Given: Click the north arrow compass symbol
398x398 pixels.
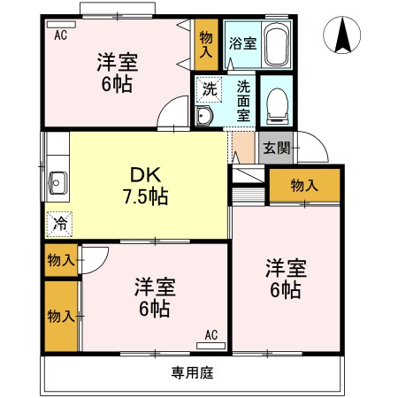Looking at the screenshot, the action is pos(341,34).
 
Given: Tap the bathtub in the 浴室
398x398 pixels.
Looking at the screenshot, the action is pos(276,45).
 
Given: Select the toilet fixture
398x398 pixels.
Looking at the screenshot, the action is pos(277,106).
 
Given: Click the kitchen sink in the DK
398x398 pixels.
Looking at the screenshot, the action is pos(57,183).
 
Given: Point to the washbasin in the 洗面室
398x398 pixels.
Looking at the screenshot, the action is pos(203,116).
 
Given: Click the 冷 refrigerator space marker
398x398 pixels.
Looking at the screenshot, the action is pos(59,224).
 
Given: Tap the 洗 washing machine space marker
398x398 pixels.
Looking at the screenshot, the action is pos(209,89).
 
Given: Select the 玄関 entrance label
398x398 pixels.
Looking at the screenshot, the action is pos(277,148).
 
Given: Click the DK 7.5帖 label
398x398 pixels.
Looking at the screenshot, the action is pos(145,186).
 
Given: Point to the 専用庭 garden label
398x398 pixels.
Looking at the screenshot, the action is pos(192,372).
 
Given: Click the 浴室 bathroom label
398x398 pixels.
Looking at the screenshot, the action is pos(243,43).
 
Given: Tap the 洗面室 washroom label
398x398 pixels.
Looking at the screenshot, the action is pos(243,101).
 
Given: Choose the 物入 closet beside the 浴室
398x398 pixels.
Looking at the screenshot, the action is pos(206,44).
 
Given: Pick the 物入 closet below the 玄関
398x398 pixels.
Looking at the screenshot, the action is pos(305,186).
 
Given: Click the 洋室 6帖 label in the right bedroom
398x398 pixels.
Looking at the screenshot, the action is pos(286,279).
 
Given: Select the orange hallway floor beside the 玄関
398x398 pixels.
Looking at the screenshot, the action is pos(243,148).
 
